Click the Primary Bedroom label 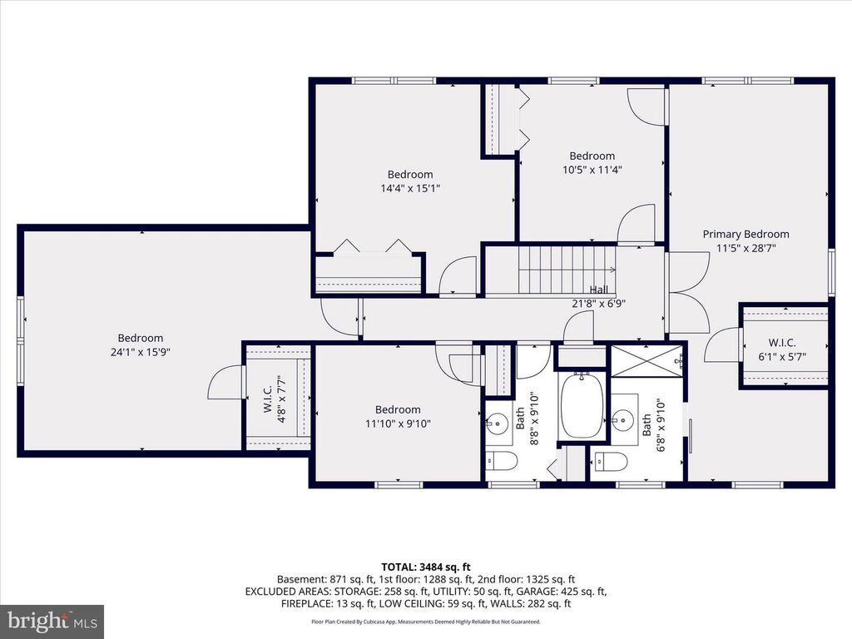pyautogui.click(x=745, y=234)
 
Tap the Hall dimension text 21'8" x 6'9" pyautogui.click(x=599, y=303)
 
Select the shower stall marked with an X pyautogui.click(x=646, y=364)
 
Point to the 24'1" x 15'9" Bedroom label pyautogui.click(x=141, y=338)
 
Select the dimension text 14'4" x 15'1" pyautogui.click(x=410, y=188)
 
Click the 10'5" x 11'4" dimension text pyautogui.click(x=592, y=169)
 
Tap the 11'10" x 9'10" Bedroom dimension pyautogui.click(x=397, y=423)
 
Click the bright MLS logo pyautogui.click(x=52, y=621)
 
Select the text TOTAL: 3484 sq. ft pyautogui.click(x=425, y=567)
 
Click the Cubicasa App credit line pyautogui.click(x=425, y=622)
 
